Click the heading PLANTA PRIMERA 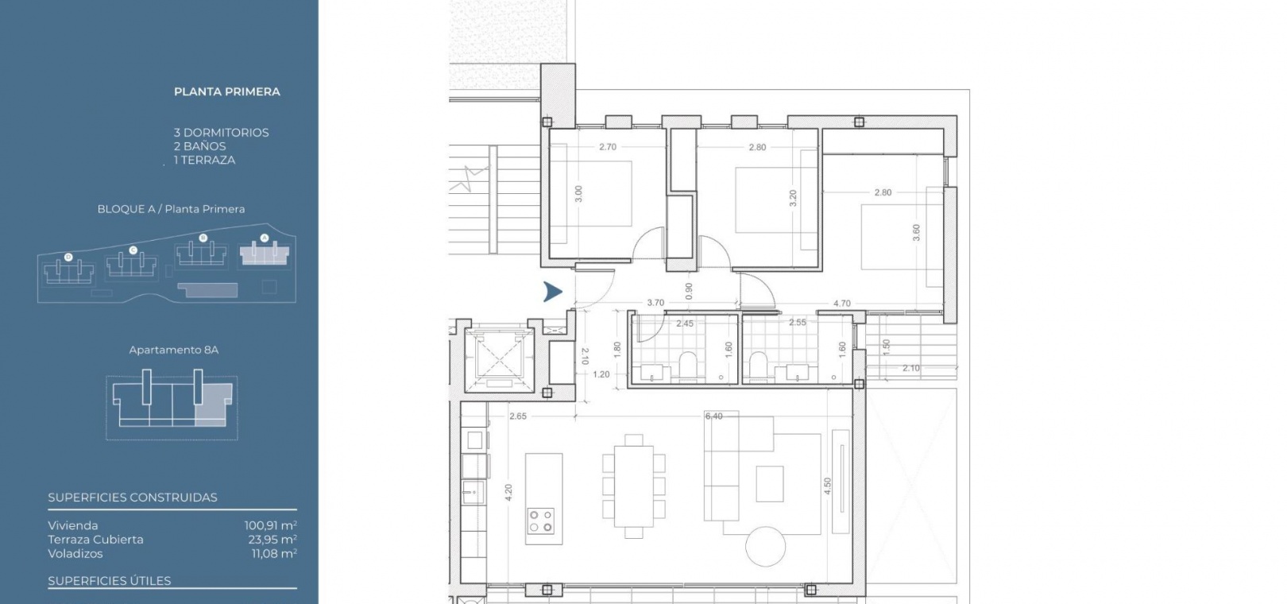[x=227, y=92]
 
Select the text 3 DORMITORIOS [x=221, y=133]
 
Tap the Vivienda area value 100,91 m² [x=271, y=525]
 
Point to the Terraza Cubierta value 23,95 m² [x=272, y=540]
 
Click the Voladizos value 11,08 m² [x=274, y=554]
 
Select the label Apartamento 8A [x=173, y=350]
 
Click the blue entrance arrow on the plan [x=553, y=292]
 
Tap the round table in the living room [x=765, y=547]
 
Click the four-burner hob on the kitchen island [x=541, y=521]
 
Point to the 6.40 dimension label [x=713, y=416]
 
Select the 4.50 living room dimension [x=827, y=486]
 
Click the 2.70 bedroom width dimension [x=607, y=147]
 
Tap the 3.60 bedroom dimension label [x=916, y=233]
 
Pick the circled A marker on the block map [x=265, y=238]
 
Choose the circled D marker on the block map [x=68, y=257]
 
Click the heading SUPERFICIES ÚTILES [x=109, y=581]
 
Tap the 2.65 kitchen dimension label [x=518, y=416]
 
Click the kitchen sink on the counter [x=473, y=493]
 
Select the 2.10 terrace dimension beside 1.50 [x=910, y=369]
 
